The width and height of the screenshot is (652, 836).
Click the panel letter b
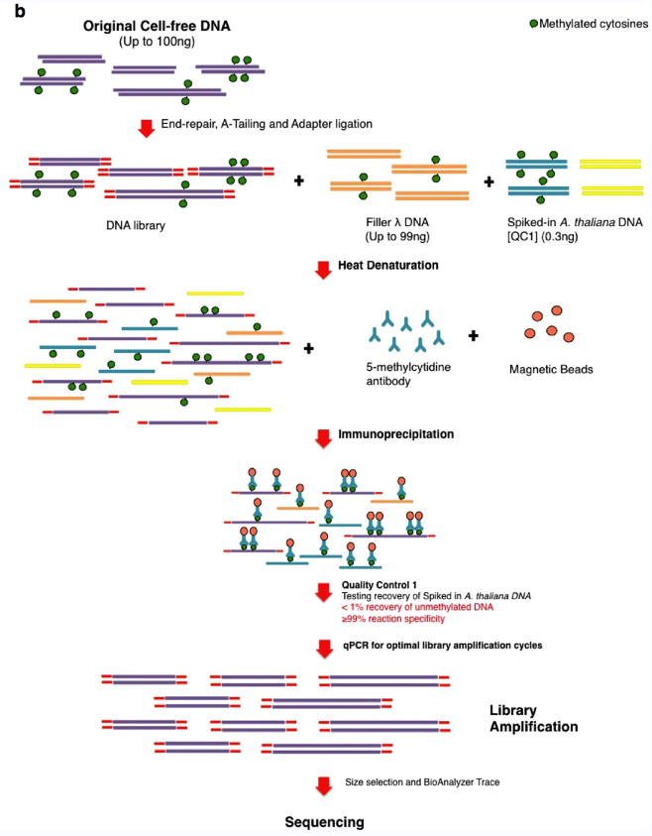(20, 11)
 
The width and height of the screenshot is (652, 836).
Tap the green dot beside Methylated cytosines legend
(533, 24)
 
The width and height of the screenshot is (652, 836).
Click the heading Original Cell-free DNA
(157, 26)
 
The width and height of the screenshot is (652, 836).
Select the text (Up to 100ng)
(157, 42)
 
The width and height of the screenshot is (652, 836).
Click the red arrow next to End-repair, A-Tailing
(146, 129)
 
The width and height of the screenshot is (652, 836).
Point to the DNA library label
(136, 225)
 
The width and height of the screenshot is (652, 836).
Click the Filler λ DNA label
(397, 222)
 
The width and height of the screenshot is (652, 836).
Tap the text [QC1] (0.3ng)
(542, 236)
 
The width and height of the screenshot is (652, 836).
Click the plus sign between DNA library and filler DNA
(299, 181)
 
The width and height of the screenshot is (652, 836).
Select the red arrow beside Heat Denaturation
(323, 270)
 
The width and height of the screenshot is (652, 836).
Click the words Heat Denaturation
(387, 266)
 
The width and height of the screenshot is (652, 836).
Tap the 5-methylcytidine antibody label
(408, 374)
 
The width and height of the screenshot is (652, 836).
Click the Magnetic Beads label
(551, 370)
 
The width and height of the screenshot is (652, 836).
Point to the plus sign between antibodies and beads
(473, 336)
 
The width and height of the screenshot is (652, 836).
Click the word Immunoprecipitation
(395, 434)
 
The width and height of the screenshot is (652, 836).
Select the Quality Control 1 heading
(379, 585)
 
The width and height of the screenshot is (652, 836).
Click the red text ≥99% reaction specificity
(393, 619)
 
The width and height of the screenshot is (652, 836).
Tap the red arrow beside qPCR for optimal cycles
(324, 649)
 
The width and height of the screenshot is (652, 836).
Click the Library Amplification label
(533, 719)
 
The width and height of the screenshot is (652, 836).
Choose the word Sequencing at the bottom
(324, 822)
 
